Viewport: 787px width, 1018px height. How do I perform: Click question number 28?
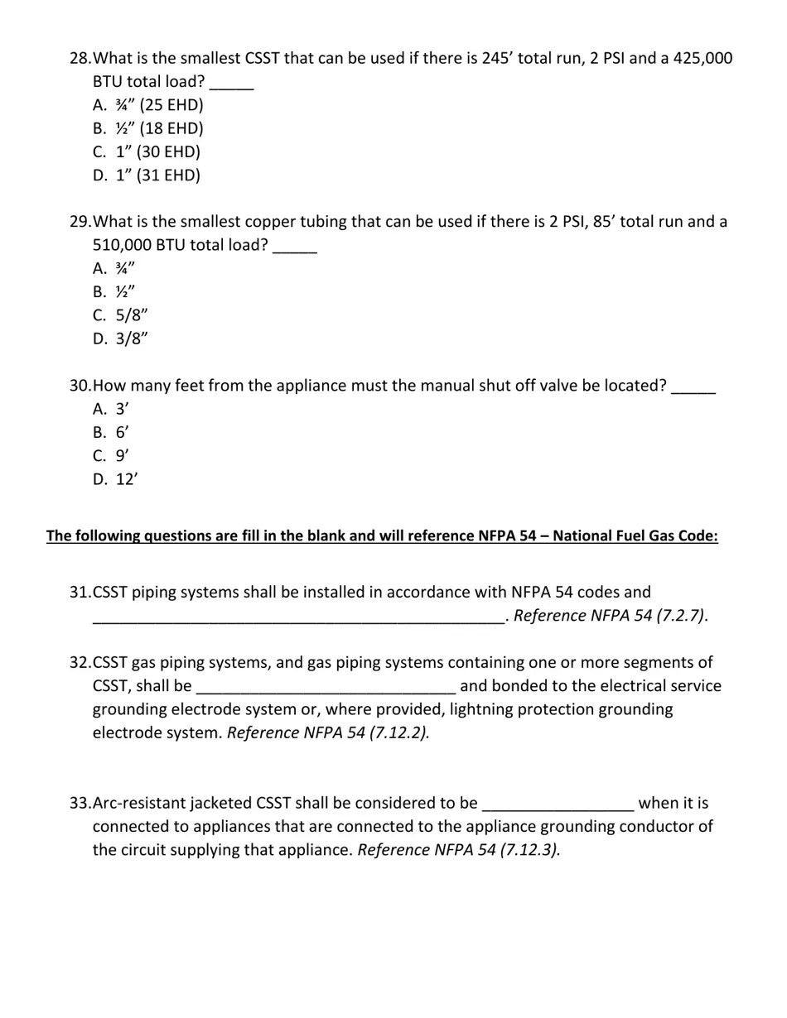tap(80, 59)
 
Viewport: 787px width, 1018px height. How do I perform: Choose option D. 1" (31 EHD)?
tap(157, 175)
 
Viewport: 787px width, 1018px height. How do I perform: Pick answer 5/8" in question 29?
tap(132, 315)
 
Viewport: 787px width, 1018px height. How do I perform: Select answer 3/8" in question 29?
tap(132, 339)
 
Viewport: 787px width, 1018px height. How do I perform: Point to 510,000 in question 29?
tap(123, 246)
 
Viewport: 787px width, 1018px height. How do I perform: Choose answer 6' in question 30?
tap(122, 432)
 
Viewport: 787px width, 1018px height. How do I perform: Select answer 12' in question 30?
tap(126, 479)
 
